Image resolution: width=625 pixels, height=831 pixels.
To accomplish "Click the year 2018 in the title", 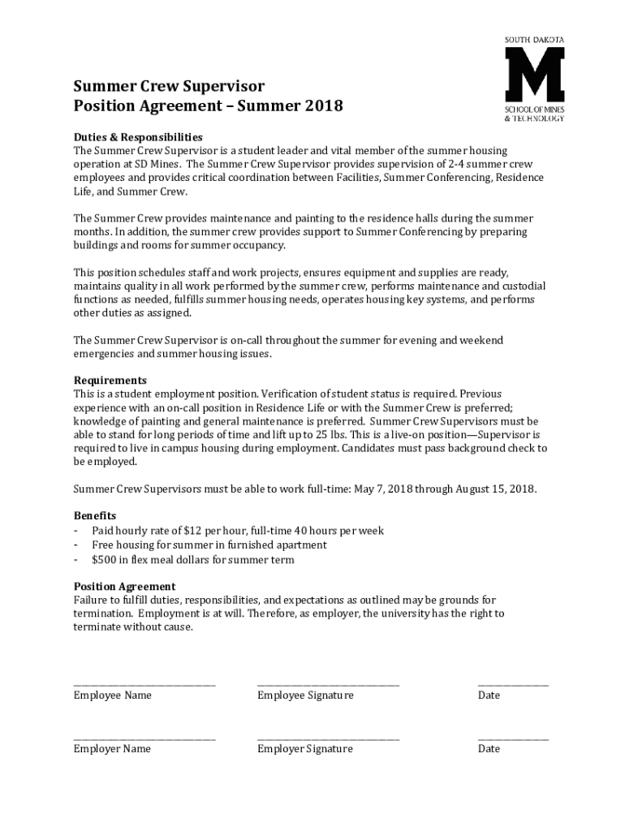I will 320,105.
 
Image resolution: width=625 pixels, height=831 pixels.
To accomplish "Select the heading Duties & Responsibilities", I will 138,136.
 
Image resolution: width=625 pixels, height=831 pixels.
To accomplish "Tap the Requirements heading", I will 110,380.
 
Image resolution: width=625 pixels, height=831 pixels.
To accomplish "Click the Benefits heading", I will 95,515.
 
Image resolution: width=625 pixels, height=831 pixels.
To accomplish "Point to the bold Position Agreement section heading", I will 124,586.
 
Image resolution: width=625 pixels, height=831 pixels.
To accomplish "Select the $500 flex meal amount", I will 106,560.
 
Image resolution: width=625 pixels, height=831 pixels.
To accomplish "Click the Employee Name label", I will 112,695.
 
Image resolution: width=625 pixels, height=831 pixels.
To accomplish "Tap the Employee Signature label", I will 305,695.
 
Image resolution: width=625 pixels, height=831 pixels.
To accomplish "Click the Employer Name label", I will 112,749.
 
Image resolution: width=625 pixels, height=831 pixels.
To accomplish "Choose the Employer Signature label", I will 305,749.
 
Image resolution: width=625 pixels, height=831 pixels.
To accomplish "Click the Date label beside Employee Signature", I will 489,695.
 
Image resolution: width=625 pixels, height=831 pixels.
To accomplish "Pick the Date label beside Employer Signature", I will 489,749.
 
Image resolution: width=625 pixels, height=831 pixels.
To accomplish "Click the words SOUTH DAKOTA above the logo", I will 534,39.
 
